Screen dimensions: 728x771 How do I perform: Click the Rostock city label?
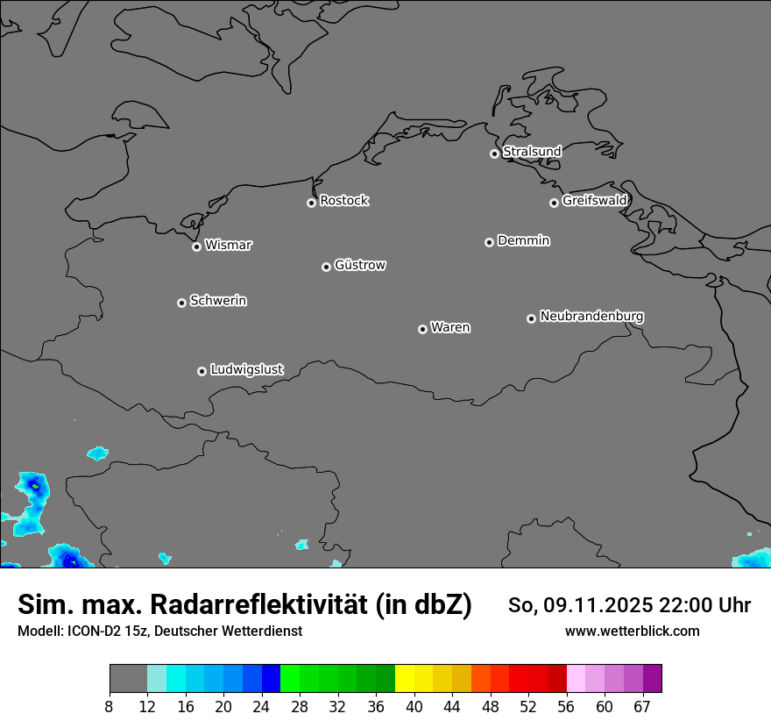tap(343, 201)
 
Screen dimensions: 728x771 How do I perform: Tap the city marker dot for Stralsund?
tap(494, 153)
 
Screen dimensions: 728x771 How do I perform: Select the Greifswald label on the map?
tap(594, 201)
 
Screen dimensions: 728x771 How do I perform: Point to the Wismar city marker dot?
tap(196, 246)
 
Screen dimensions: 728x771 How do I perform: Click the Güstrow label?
tap(359, 265)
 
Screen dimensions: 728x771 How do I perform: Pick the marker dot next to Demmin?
tap(489, 242)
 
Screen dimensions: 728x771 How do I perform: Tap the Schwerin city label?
tap(218, 301)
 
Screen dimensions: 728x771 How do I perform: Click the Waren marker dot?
tap(422, 329)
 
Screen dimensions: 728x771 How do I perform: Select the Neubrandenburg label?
tap(591, 316)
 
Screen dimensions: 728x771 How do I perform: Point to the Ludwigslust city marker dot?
tap(202, 371)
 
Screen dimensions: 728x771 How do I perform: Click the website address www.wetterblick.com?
tap(632, 631)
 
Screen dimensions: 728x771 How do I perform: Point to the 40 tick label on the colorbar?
tap(414, 706)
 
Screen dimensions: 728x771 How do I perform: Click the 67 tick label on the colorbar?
tap(643, 706)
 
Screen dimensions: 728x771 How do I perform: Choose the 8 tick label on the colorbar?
tap(110, 706)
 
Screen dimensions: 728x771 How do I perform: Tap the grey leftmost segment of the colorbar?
tap(128, 679)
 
